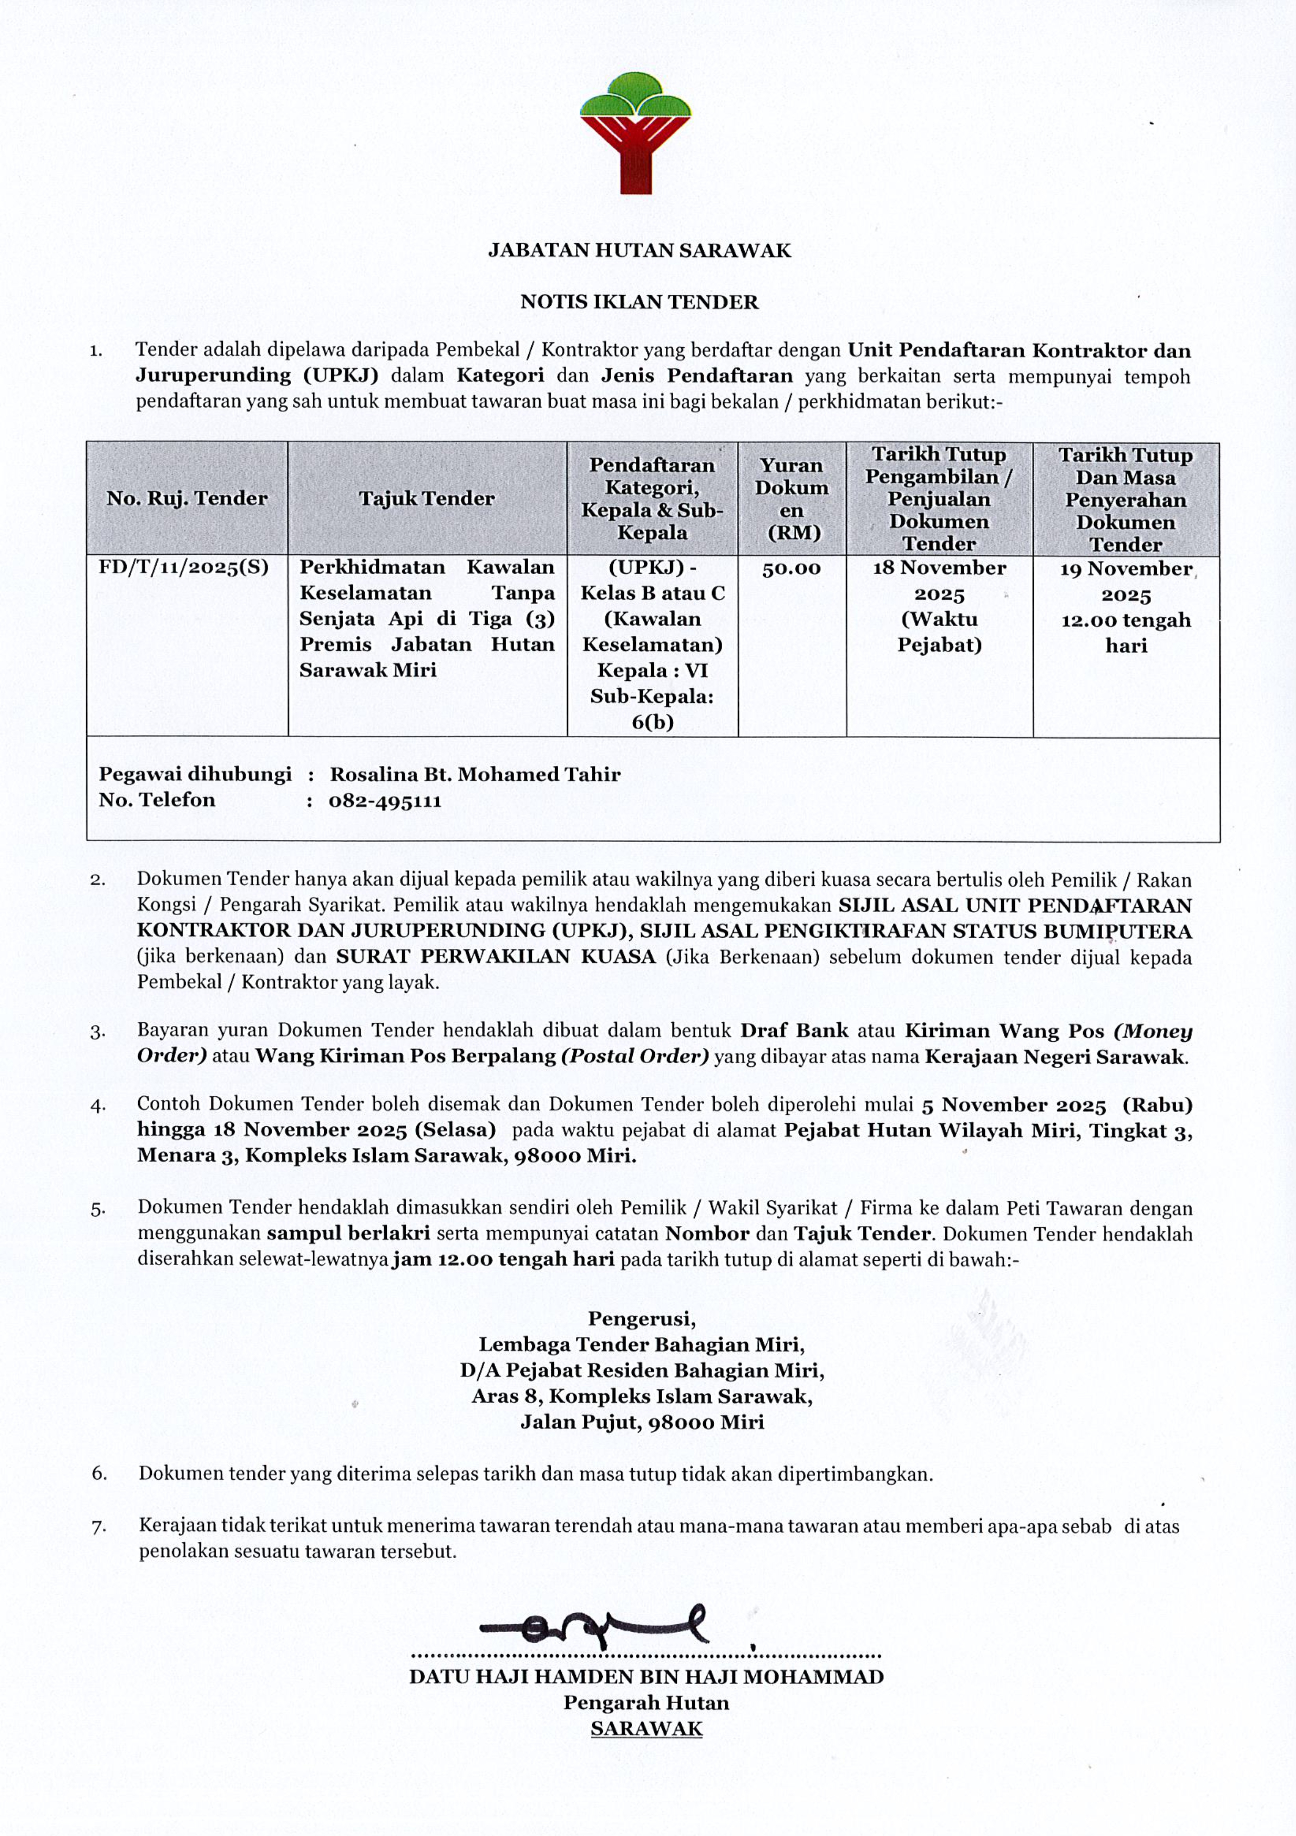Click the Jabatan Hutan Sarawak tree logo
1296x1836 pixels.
[x=636, y=133]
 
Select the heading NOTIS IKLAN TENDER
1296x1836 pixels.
[x=639, y=302]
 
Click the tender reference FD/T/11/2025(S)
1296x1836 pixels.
[x=183, y=568]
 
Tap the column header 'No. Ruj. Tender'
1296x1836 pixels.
[x=187, y=498]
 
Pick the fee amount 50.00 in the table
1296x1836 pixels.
[x=791, y=568]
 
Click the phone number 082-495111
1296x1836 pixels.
[x=385, y=801]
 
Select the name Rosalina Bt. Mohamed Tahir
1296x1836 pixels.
[x=475, y=774]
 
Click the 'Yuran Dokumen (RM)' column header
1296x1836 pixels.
[x=791, y=498]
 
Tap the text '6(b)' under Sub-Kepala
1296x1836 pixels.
[x=652, y=722]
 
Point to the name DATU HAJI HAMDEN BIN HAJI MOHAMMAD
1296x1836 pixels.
[x=646, y=1677]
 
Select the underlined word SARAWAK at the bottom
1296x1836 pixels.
[x=646, y=1728]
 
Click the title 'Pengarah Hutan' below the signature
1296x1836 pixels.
[x=646, y=1703]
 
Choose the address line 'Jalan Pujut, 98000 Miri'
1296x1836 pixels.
[x=642, y=1422]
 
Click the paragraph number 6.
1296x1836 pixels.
[x=99, y=1473]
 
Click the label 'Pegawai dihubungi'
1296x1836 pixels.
[x=194, y=774]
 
